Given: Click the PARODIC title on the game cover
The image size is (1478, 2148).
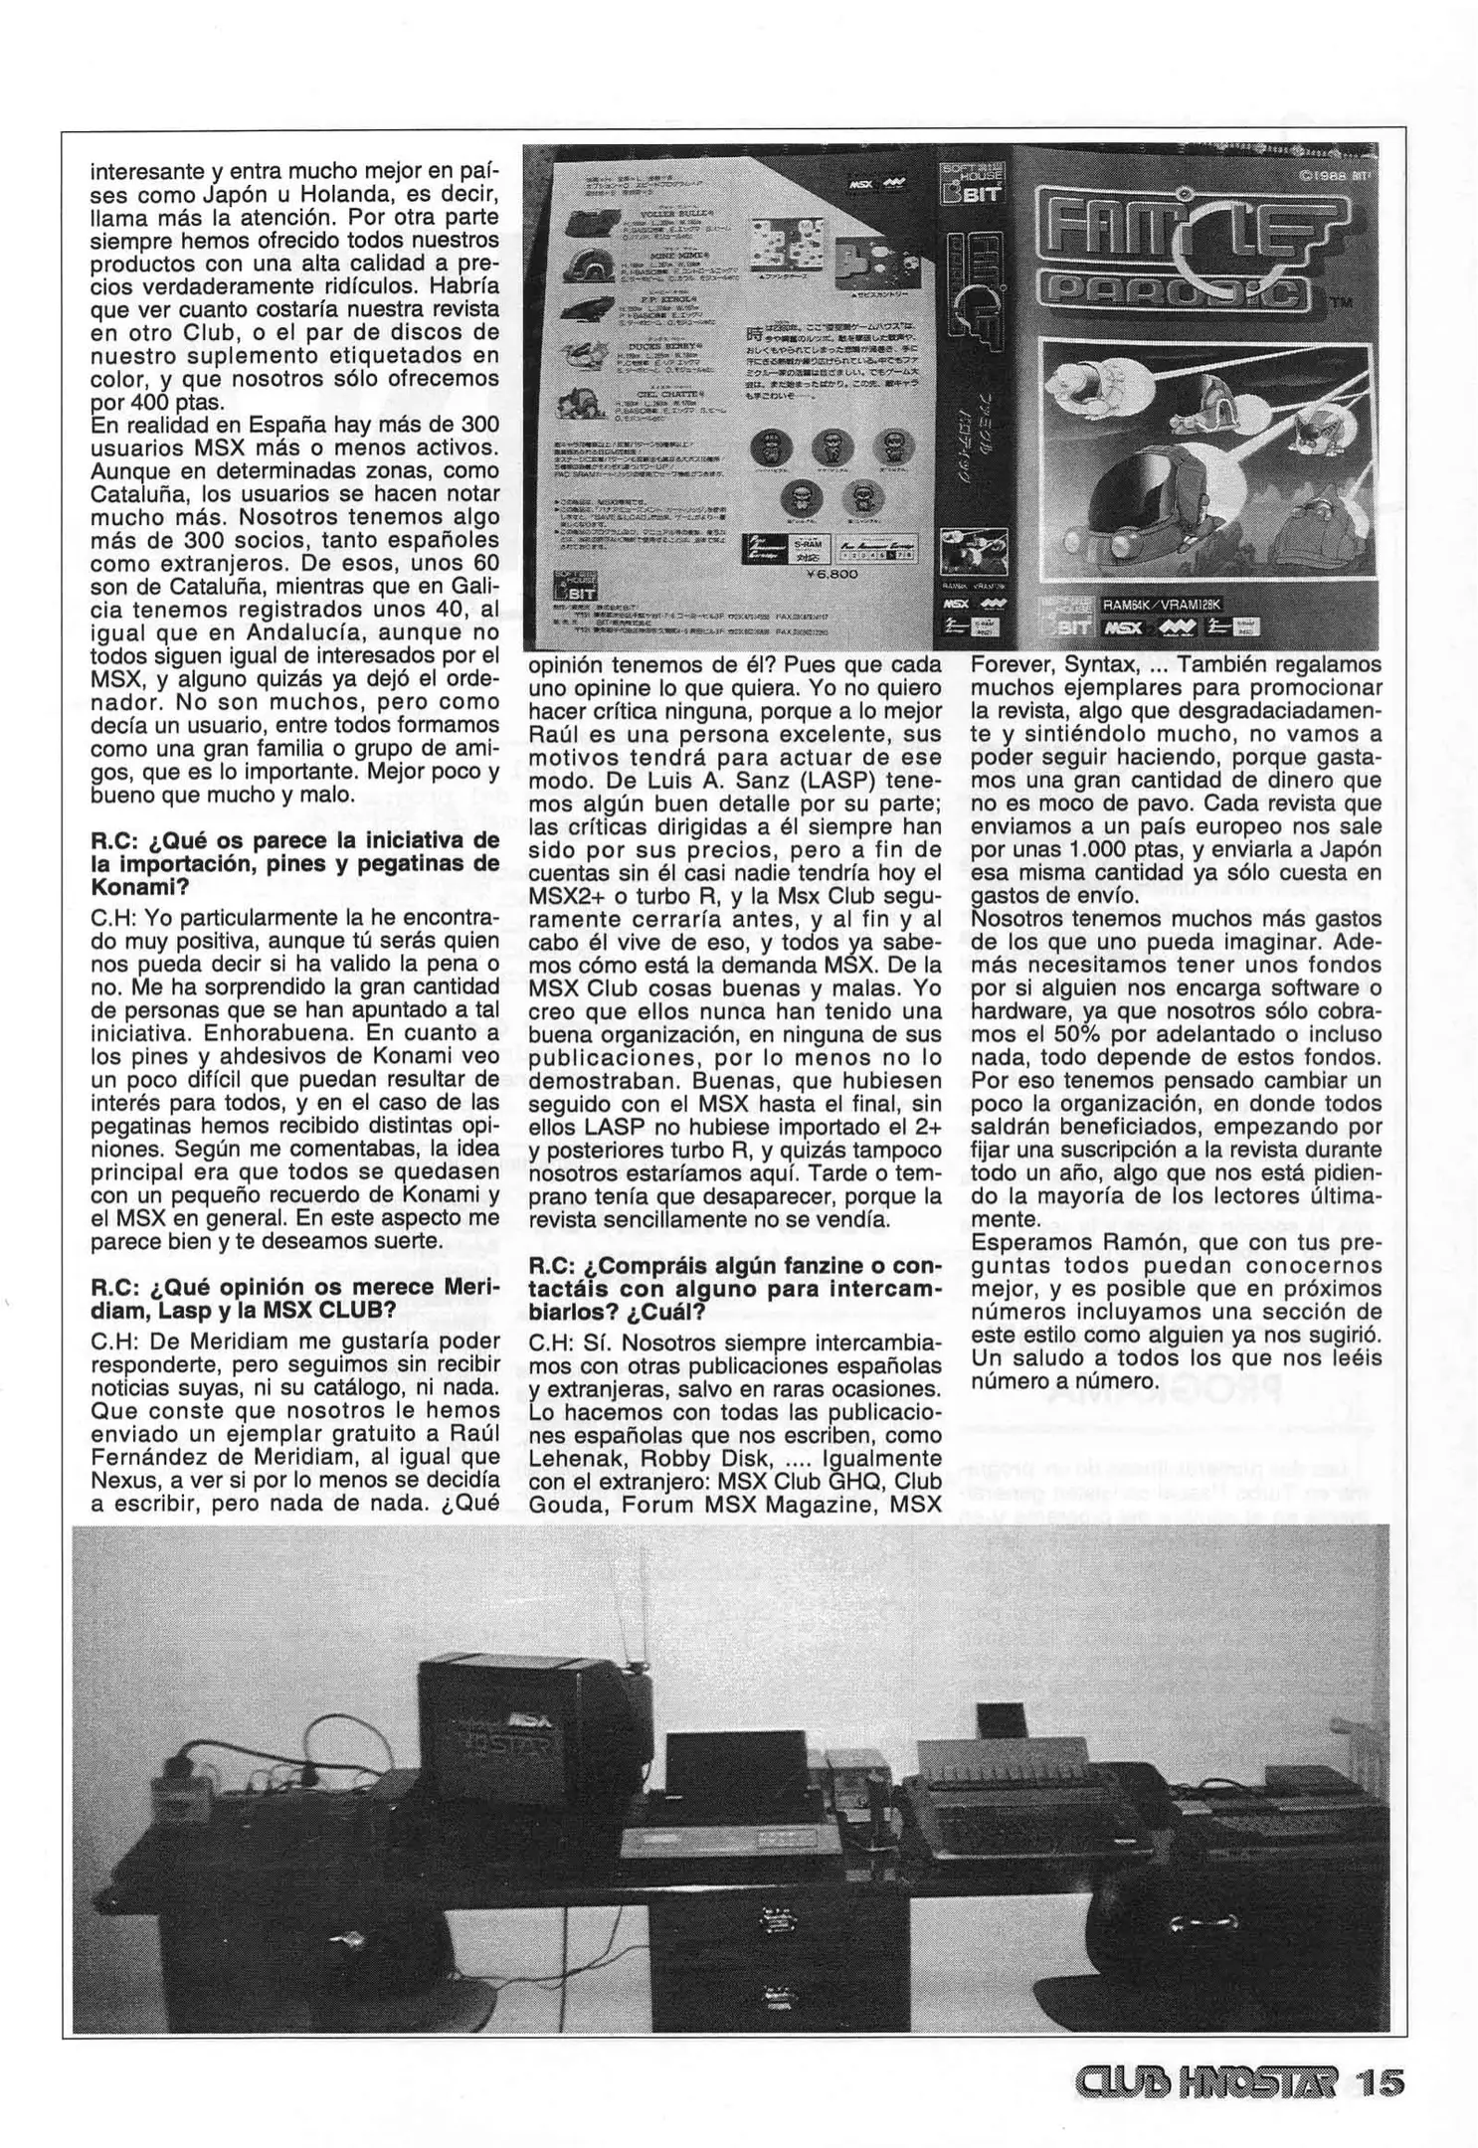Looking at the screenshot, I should [x=1175, y=290].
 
